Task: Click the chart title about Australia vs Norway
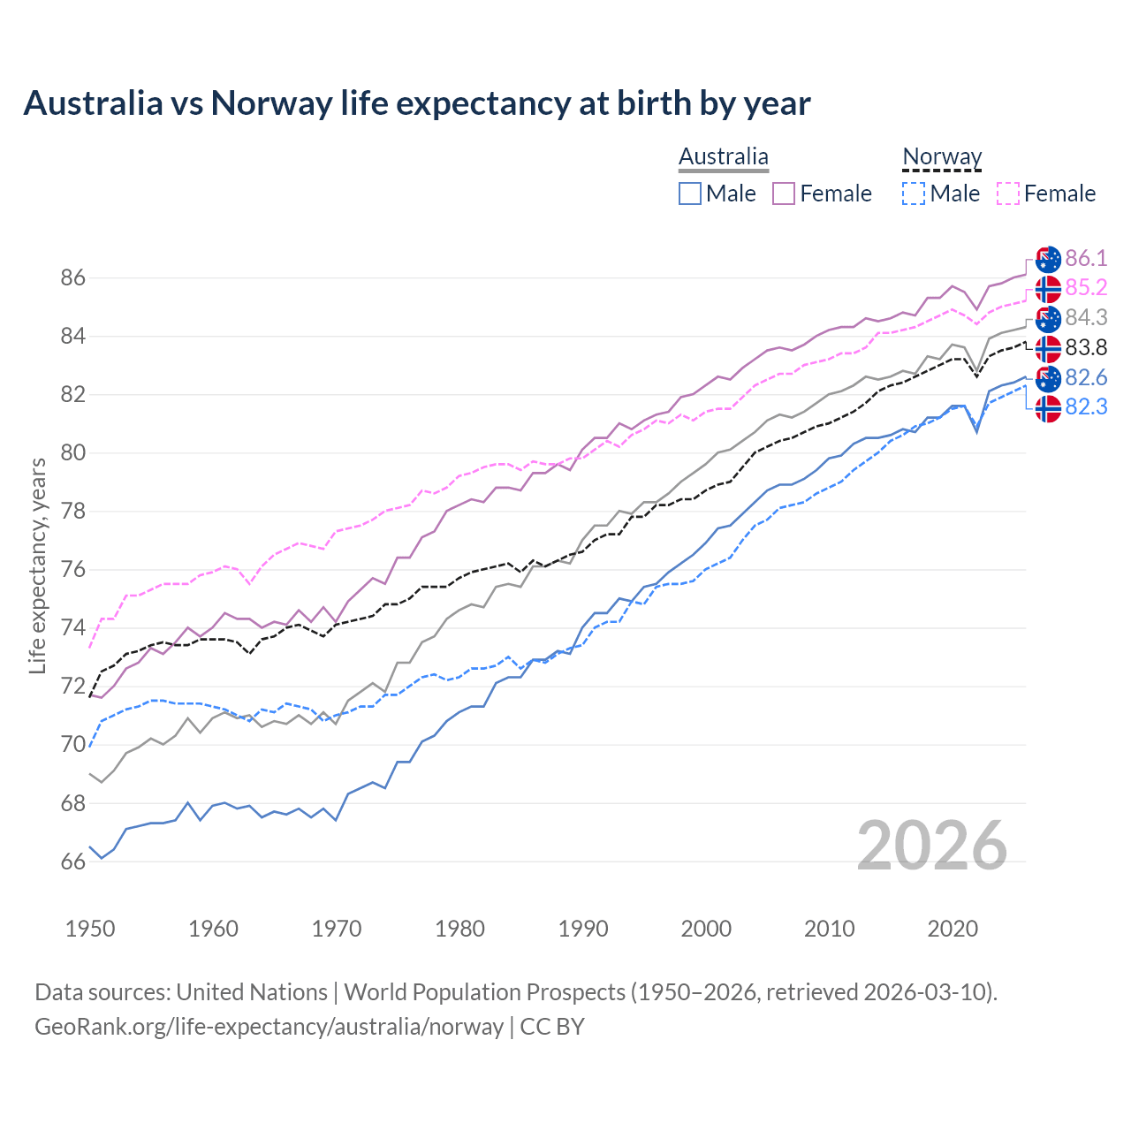[416, 103]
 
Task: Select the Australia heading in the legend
[723, 157]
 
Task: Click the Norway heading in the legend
[942, 157]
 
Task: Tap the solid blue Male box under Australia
[690, 194]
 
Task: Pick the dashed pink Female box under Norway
[1008, 194]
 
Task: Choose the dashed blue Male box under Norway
[914, 194]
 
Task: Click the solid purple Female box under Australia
[784, 194]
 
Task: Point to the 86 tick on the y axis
[72, 278]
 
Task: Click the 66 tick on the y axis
[72, 862]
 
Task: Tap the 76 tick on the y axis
[72, 570]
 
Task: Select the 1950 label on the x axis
[90, 929]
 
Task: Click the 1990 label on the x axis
[583, 929]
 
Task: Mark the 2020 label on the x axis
[953, 929]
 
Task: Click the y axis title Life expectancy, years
[37, 565]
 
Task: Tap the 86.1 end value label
[1086, 258]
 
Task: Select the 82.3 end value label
[1086, 406]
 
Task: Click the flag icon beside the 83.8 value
[1048, 348]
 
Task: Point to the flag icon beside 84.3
[1048, 318]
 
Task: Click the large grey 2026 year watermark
[932, 846]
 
